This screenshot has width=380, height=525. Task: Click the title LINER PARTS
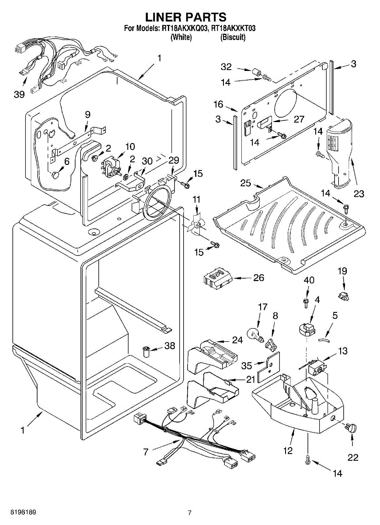(186, 17)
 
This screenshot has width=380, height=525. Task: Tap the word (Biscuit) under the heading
(233, 37)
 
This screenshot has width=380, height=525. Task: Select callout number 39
(19, 94)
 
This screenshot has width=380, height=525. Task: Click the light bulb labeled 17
(255, 335)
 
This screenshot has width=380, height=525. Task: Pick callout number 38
(169, 346)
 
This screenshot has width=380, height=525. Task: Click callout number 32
(226, 67)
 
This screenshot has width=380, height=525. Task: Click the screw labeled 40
(306, 301)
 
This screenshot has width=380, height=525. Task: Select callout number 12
(288, 450)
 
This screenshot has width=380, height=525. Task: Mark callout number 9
(88, 114)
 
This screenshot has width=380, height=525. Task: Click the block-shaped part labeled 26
(217, 279)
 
